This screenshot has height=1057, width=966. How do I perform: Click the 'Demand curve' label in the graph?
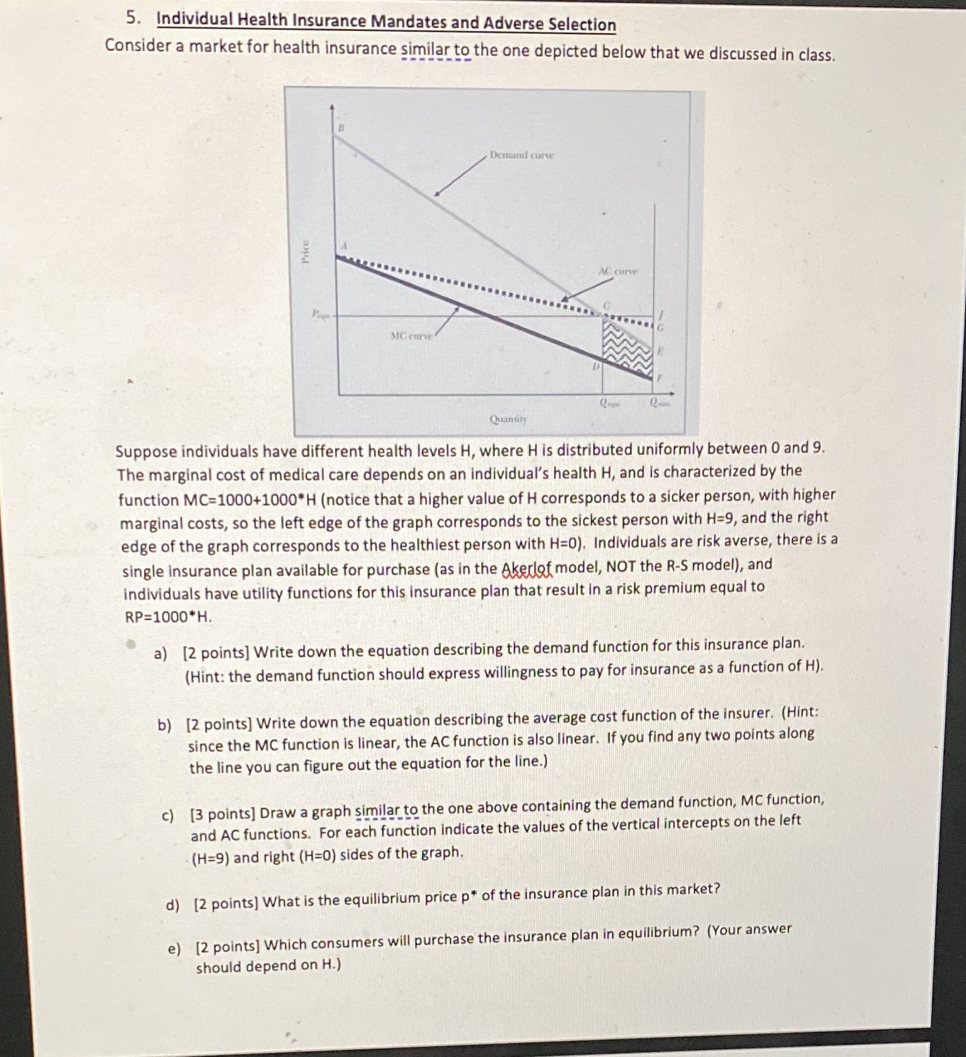tap(521, 155)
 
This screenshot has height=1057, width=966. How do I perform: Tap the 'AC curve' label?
tap(618, 272)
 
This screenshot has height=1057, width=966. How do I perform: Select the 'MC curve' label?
tap(411, 336)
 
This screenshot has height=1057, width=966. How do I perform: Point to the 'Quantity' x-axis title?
tap(508, 418)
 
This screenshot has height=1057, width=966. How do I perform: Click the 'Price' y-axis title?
tap(306, 252)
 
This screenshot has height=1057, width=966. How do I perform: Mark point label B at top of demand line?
tap(341, 128)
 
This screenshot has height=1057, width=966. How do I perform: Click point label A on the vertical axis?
tap(344, 245)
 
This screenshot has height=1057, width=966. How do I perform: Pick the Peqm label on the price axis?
tap(321, 314)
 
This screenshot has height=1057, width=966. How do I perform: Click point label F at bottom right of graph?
tap(660, 378)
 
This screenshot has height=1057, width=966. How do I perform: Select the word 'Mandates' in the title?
tap(408, 22)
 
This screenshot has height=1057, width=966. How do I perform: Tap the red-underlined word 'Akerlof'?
tap(527, 569)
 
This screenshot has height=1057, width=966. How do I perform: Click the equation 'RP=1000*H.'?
tap(168, 617)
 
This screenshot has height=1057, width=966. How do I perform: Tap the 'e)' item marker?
tap(174, 948)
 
